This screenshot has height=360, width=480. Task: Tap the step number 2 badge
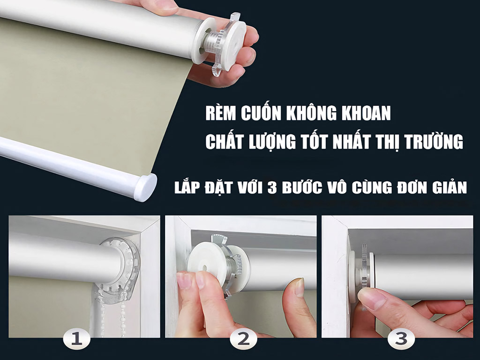pyautogui.click(x=243, y=339)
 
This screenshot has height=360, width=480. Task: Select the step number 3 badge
pyautogui.click(x=400, y=339)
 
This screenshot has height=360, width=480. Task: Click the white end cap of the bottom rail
pyautogui.click(x=145, y=187)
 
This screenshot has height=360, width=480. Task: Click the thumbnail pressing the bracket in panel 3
pyautogui.click(x=371, y=298)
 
